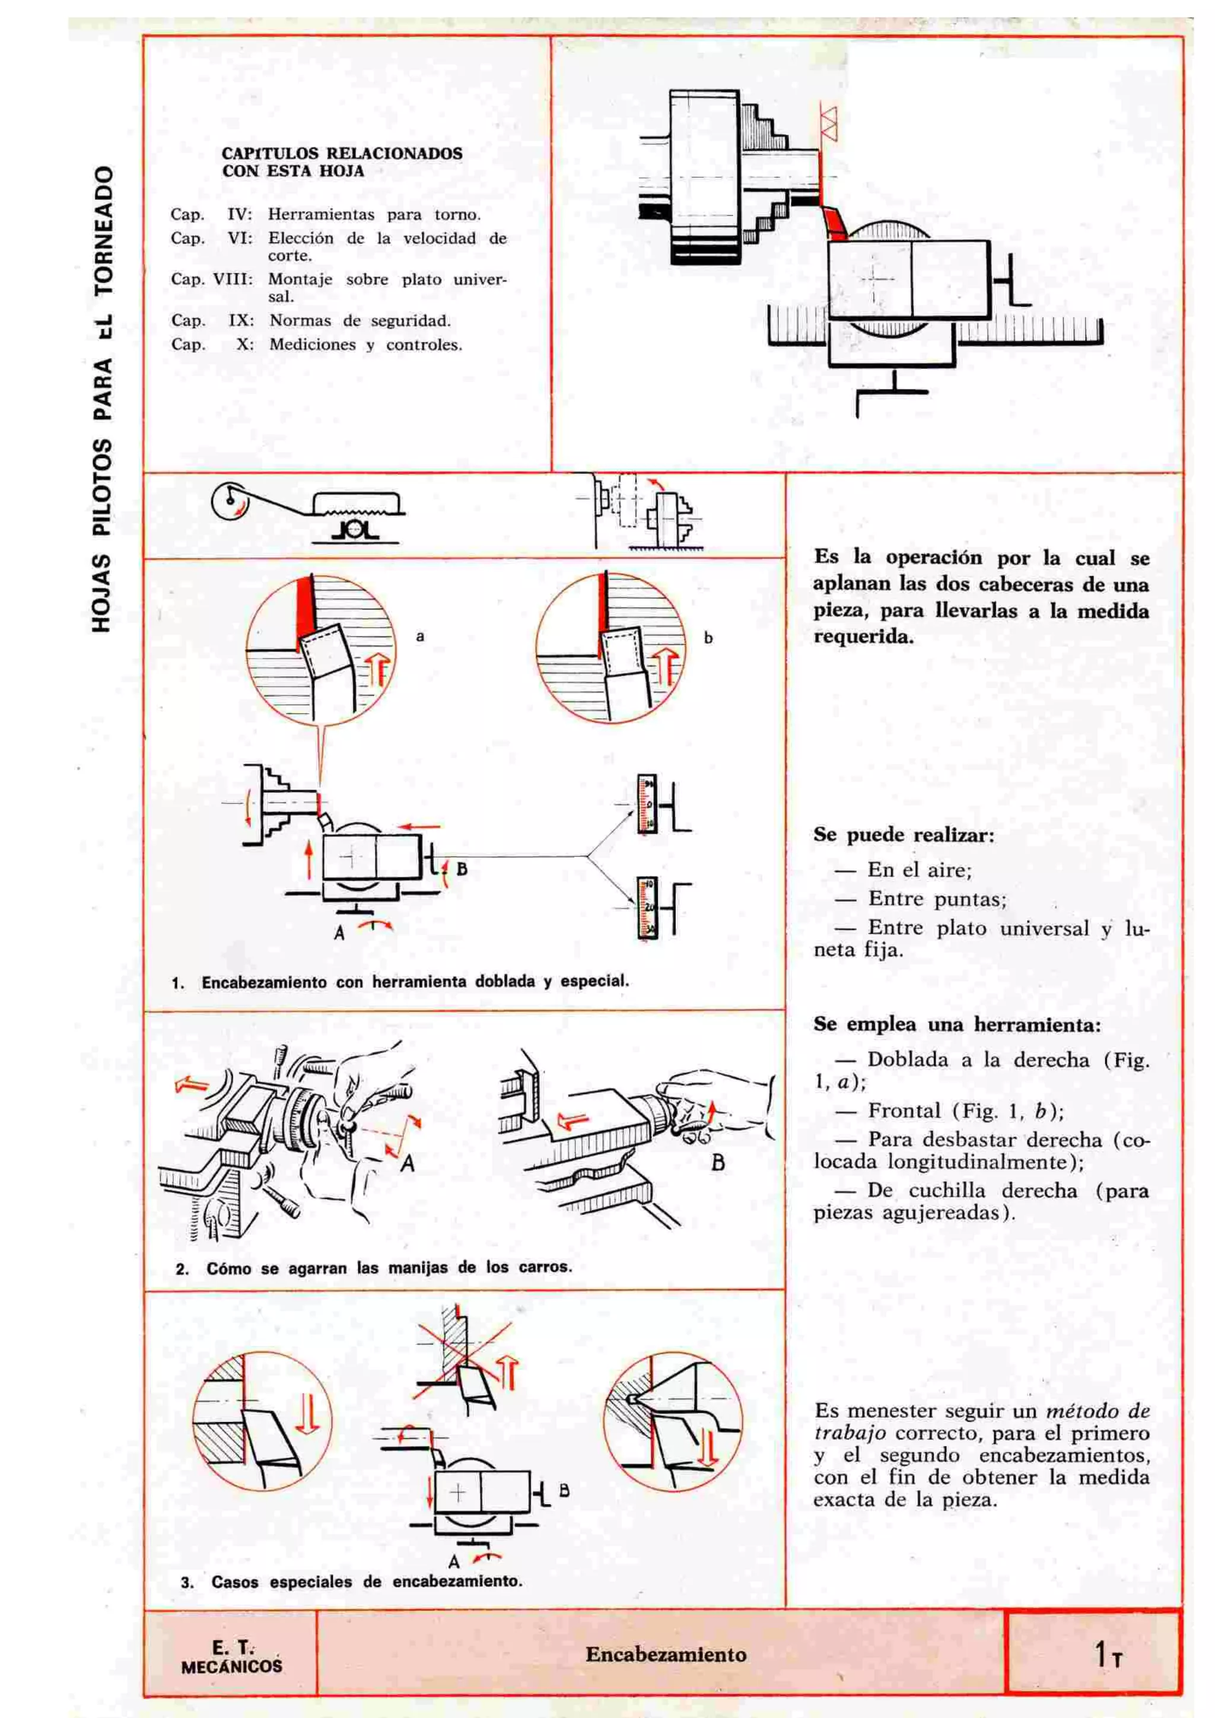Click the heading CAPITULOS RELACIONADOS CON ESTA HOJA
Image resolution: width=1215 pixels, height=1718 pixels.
pos(342,161)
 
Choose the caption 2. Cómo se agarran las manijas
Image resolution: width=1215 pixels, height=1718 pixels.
pos(374,1268)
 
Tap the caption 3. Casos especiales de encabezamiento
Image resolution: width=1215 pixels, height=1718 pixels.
pos(352,1582)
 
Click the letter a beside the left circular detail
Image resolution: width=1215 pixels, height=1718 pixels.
pos(421,637)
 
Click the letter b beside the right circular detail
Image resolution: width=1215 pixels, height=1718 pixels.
pos(708,638)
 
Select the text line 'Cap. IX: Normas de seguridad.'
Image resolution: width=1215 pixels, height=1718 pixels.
pos(310,321)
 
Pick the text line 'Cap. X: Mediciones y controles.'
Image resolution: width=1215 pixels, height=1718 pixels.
pos(316,345)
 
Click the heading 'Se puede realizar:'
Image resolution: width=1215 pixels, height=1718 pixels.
pos(904,835)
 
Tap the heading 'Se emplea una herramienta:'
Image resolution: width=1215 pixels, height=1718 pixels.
pos(957,1025)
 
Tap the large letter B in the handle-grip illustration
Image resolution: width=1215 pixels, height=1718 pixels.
pos(717,1163)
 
